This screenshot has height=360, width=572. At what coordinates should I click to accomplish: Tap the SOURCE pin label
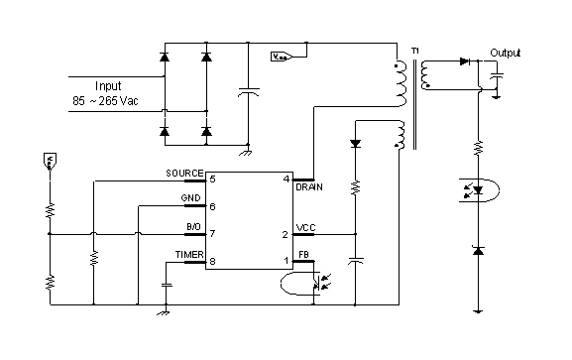click(183, 173)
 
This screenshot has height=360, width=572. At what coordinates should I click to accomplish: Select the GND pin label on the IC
click(190, 198)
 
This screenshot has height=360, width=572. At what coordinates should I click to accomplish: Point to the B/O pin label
click(192, 228)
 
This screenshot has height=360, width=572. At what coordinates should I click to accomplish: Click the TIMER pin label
click(188, 255)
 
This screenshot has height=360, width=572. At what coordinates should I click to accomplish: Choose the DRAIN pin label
click(308, 186)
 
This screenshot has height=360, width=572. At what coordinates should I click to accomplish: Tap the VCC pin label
click(304, 228)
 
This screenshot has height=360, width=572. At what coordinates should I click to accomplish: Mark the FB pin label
click(301, 255)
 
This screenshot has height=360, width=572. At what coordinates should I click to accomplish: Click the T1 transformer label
click(413, 52)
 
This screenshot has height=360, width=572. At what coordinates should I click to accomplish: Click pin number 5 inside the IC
click(212, 179)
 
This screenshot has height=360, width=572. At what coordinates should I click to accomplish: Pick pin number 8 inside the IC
click(212, 262)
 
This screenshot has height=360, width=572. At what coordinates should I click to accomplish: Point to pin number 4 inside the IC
click(286, 179)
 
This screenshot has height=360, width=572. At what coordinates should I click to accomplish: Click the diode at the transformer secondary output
click(463, 61)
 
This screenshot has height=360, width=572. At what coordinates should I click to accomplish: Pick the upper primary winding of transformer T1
click(401, 85)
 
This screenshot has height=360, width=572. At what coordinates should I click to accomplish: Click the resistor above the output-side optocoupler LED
click(478, 148)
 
